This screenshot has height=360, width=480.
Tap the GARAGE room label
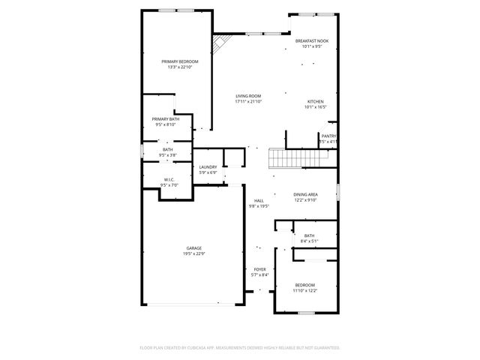coord(194,247)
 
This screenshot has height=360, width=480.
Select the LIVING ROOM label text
coord(248,96)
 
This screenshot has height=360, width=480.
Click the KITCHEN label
coord(316,101)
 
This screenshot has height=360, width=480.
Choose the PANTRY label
coord(328,136)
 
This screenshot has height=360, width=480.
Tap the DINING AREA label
coord(305,194)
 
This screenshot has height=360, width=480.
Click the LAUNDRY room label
coord(208,167)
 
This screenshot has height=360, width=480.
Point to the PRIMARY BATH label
coord(166,119)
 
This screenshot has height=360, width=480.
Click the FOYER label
coord(259,269)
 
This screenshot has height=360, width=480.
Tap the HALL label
coord(259,200)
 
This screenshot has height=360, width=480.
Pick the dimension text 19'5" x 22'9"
coord(194,253)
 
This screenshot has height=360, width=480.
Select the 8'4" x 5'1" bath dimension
coord(310,241)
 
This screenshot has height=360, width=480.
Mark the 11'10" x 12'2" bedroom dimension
coord(304,290)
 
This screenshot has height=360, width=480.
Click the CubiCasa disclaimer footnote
coord(240,348)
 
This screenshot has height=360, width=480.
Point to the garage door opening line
coord(194,304)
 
